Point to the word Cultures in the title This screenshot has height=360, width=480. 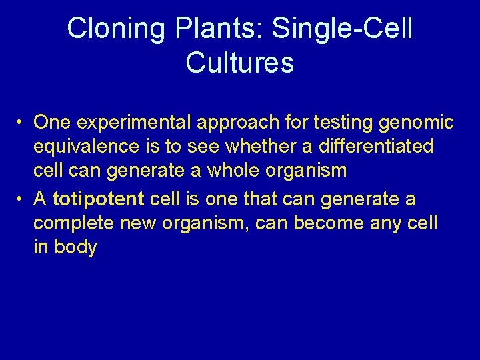point(239,63)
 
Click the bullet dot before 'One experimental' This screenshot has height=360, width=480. point(22,123)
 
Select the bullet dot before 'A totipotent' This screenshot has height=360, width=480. point(22,199)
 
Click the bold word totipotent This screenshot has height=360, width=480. point(99,199)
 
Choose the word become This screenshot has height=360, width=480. point(325,223)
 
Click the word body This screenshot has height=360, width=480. point(75,247)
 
